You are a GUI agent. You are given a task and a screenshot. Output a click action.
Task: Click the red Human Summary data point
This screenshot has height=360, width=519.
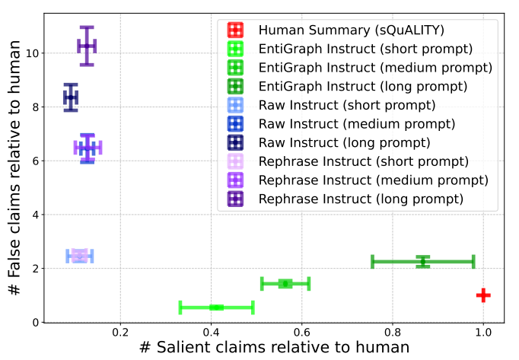point(483,295)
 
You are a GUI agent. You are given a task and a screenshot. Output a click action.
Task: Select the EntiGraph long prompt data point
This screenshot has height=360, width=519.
point(423,261)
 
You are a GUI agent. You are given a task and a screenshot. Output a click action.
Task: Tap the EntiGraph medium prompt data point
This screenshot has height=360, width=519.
point(285,284)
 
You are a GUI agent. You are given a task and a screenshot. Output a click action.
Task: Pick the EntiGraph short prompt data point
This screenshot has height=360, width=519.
point(216,307)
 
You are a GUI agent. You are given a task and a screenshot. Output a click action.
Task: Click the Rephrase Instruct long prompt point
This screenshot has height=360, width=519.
point(87,46)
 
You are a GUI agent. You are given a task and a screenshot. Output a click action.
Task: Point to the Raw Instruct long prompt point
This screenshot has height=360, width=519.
point(71,97)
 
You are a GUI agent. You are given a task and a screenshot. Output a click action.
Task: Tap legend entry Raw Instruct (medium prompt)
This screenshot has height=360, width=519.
point(357,123)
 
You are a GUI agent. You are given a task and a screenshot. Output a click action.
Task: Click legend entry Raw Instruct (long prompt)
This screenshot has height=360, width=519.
point(345,142)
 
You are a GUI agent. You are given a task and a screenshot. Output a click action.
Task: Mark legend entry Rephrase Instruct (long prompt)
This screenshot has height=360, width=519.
point(361,199)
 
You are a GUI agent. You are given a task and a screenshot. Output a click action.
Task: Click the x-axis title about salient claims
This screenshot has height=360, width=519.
point(274,347)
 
